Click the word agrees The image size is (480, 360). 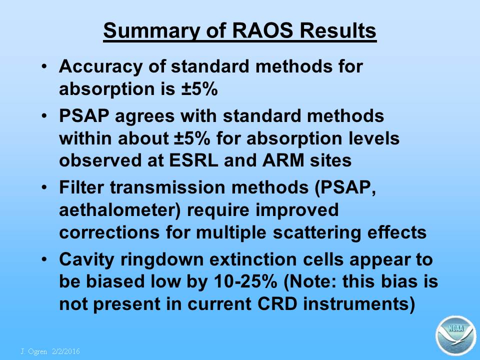(144, 117)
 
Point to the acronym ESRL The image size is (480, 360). (193, 160)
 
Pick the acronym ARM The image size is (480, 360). (283, 160)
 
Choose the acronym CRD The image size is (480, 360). (277, 304)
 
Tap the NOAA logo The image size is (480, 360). (456, 335)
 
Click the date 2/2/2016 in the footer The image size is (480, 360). (66, 351)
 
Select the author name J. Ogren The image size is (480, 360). (34, 351)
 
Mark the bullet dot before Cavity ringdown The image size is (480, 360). (44, 259)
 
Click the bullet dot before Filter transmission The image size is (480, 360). (44, 187)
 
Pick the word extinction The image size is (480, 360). (253, 259)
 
